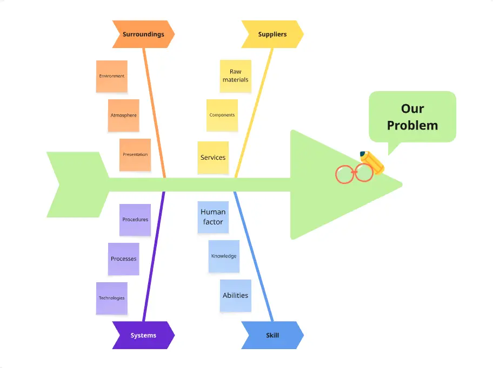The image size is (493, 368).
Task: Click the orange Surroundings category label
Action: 143,35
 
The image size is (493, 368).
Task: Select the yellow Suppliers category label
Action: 272,35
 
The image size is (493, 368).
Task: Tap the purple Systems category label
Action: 143,335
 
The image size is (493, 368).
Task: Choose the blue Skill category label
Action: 272,335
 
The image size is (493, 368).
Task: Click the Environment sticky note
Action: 112,76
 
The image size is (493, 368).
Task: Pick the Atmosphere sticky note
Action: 124,115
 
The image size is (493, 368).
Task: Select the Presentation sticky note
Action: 135,155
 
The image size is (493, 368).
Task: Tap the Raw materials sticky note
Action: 236,76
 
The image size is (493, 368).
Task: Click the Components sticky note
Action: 222,115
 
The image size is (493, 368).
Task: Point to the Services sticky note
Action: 213,158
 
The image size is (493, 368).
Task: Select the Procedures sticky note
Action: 135,220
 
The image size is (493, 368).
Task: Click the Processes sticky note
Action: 124,259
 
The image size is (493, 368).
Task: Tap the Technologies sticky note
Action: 112,298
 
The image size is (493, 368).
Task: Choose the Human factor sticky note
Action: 213,217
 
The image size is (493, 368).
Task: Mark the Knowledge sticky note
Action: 224,256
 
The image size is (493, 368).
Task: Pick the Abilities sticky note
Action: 236,296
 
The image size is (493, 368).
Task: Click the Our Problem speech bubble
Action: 412,117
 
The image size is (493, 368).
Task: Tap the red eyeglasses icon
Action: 354,174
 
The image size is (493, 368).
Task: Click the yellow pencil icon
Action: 372,161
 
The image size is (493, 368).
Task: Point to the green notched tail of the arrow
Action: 76,185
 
